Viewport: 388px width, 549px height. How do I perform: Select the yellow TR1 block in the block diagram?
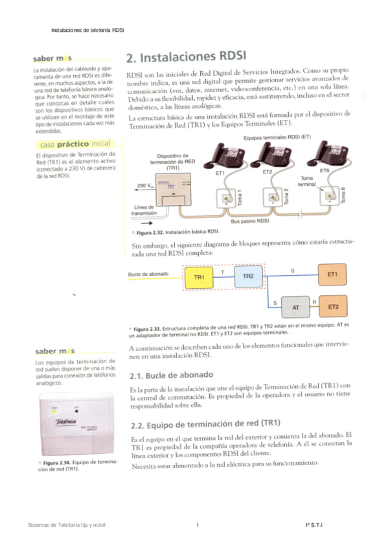click(200, 277)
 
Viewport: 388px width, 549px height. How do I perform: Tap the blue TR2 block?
click(248, 276)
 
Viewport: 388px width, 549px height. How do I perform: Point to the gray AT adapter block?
click(295, 307)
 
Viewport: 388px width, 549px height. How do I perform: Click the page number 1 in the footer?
click(196, 524)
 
